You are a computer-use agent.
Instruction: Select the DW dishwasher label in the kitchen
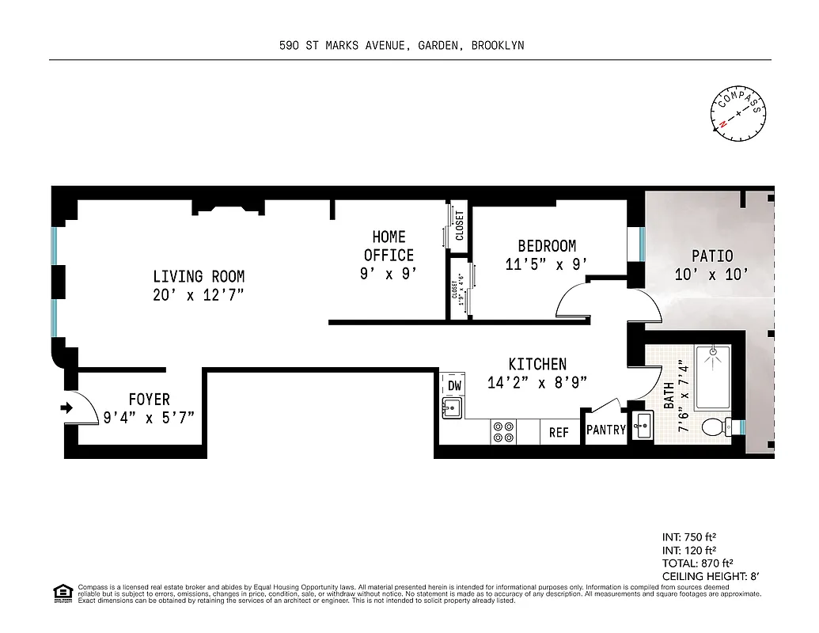click(x=454, y=385)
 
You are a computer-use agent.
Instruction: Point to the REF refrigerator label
click(x=559, y=433)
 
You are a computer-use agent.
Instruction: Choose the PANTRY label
click(x=606, y=430)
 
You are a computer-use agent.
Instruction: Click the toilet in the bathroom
click(x=715, y=427)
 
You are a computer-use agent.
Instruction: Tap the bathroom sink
click(x=643, y=426)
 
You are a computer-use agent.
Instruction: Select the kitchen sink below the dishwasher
click(x=453, y=408)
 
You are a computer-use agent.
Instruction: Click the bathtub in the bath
click(x=712, y=372)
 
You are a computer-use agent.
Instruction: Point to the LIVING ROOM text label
click(x=199, y=277)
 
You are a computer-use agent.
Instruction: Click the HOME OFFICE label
click(x=389, y=246)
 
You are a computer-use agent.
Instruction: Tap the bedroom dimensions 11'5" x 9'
click(x=547, y=265)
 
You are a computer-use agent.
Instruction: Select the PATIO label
click(x=712, y=256)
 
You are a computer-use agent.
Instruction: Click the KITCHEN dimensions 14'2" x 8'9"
click(x=537, y=383)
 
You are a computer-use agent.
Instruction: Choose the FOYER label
click(x=149, y=400)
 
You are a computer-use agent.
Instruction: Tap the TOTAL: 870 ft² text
click(x=692, y=563)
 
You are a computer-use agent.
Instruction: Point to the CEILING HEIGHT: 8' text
click(x=710, y=577)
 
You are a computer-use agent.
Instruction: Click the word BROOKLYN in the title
click(x=497, y=46)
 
